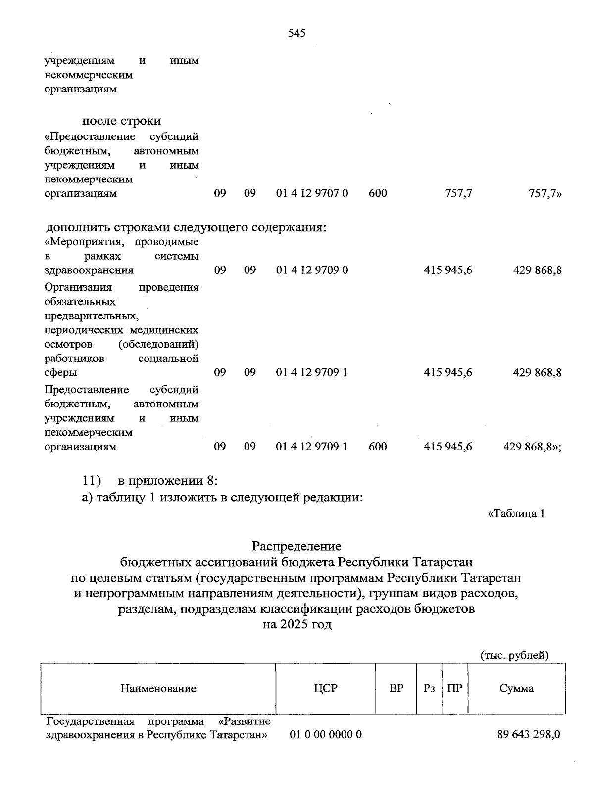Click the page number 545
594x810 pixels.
(297, 33)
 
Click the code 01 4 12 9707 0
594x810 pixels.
(312, 193)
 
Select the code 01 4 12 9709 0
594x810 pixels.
(312, 270)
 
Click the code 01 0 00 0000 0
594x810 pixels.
(326, 734)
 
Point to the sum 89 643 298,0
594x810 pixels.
(529, 734)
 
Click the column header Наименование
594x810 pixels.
(158, 688)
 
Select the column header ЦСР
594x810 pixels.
(325, 688)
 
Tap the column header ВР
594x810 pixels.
(396, 688)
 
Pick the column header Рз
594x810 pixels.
(429, 688)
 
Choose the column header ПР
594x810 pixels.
(454, 688)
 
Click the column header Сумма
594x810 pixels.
(516, 688)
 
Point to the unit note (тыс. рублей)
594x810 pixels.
(515, 655)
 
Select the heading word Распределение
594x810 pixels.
(297, 546)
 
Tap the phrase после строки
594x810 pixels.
(121, 121)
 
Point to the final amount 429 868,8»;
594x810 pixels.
(532, 447)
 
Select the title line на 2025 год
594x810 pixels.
(297, 624)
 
